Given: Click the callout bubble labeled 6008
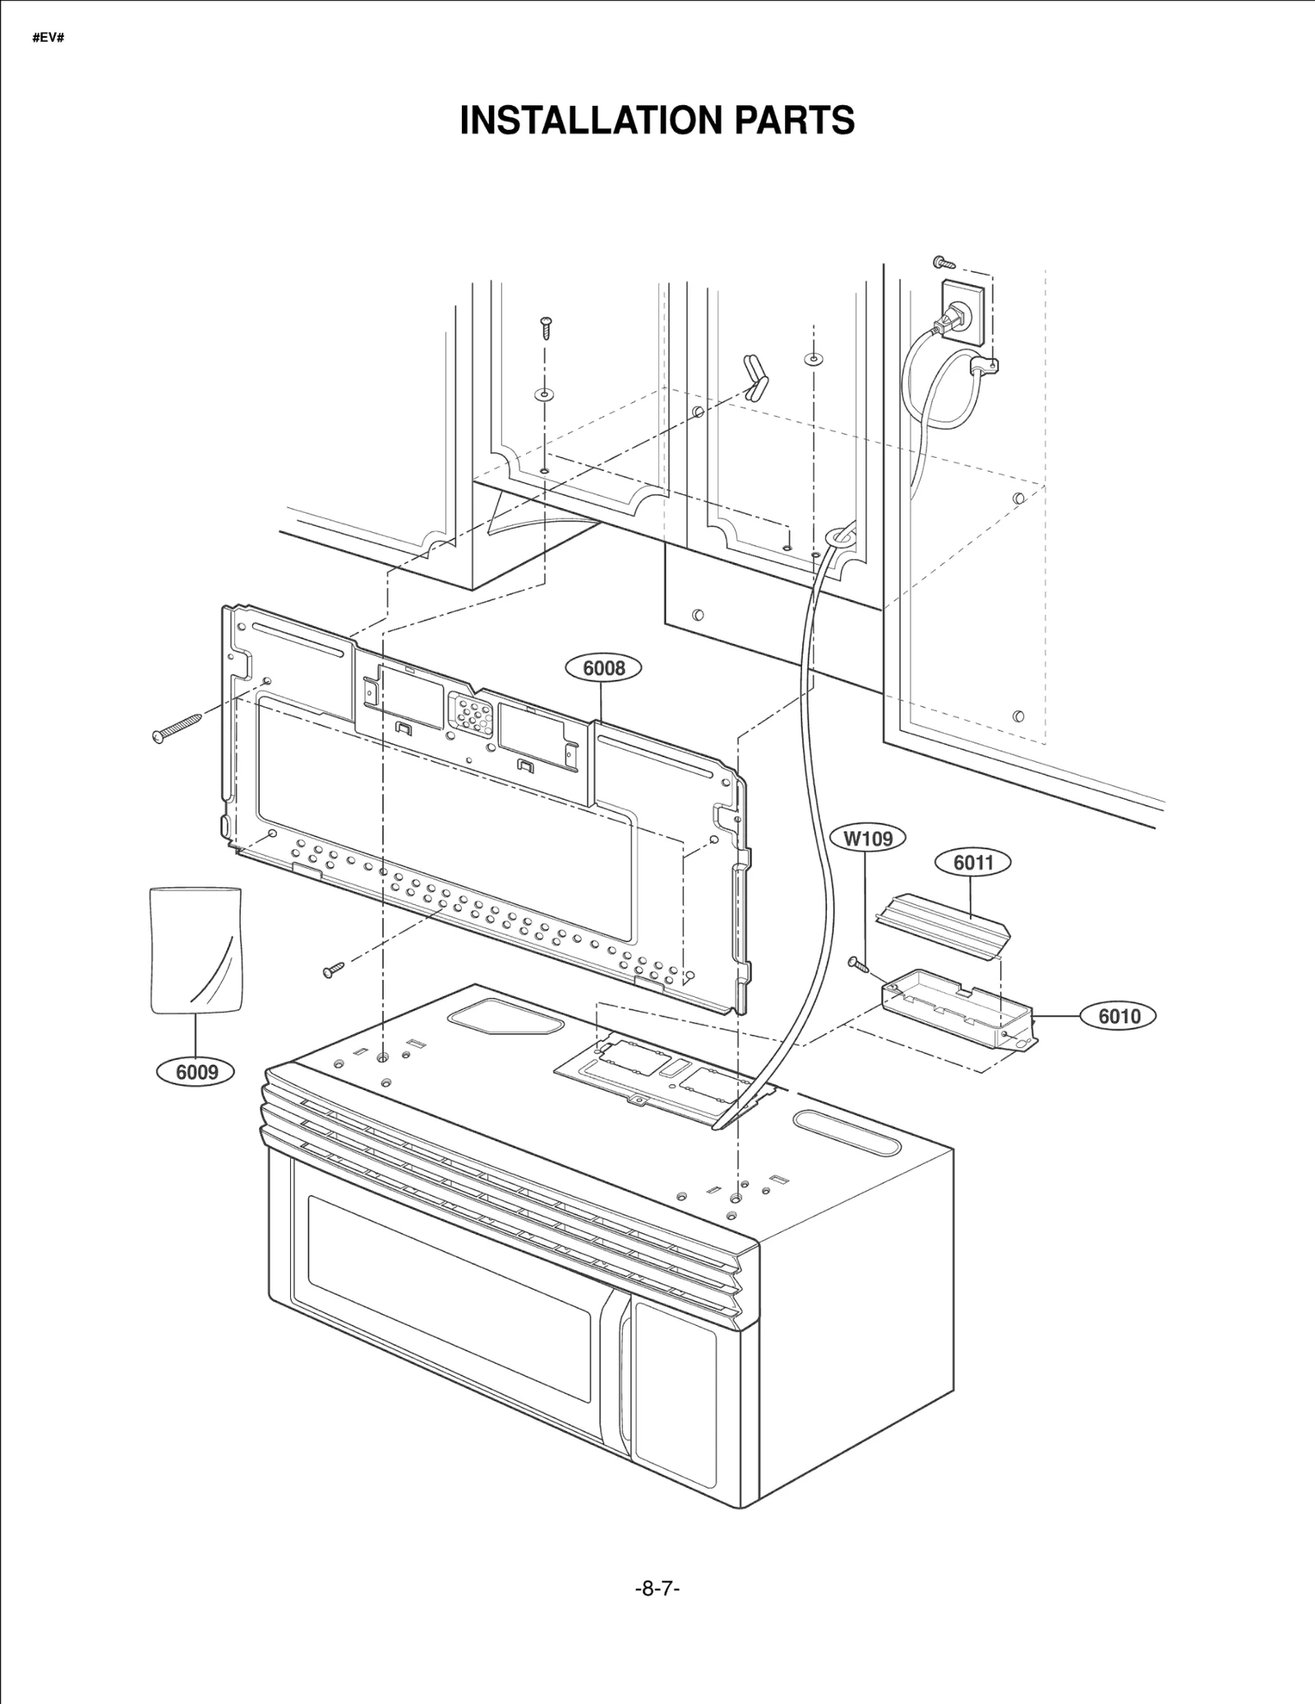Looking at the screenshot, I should point(604,668).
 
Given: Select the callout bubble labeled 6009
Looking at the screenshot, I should point(196,1072).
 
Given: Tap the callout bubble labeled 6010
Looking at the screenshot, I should point(1119,1017).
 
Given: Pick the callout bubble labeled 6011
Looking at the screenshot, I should point(973,862).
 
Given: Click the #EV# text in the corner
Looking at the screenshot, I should point(48,39).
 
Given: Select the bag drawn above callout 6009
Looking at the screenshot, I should point(196,949).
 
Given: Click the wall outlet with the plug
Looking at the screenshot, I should point(962,312).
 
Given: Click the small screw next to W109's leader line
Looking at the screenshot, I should point(858,964).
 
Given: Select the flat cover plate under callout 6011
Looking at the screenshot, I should point(943,925).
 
